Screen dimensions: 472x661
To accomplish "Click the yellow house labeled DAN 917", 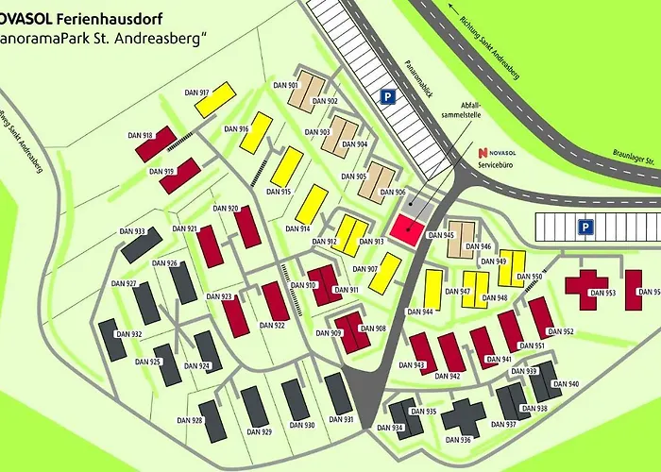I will coord(215,99).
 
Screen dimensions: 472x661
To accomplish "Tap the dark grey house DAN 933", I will coord(142,244).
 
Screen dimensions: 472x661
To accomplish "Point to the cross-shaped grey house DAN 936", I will coord(462,416).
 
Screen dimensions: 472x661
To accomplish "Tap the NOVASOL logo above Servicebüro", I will coord(498,152).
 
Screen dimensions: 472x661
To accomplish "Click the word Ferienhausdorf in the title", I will coord(105,18).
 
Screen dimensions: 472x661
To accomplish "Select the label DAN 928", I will coord(190,420).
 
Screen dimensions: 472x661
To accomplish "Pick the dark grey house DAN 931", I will coord(339,394).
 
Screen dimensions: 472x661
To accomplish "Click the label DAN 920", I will coord(226,209).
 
